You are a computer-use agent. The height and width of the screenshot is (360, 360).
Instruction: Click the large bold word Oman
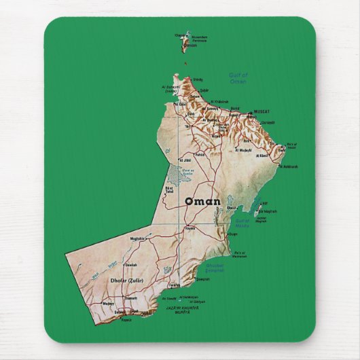click(202, 202)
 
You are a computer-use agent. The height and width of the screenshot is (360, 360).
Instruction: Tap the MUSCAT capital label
click(261, 111)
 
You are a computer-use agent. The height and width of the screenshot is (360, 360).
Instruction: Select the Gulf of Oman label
click(238, 78)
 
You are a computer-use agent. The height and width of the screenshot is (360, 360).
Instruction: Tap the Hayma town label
click(190, 228)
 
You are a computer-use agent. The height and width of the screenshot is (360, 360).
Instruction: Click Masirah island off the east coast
click(259, 208)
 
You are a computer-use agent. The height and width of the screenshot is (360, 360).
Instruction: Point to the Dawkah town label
click(132, 264)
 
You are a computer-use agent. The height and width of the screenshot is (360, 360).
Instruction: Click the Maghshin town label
click(137, 238)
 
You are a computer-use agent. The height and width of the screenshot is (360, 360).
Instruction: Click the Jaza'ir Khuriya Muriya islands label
click(182, 309)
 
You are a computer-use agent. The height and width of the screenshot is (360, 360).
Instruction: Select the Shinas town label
click(198, 80)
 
